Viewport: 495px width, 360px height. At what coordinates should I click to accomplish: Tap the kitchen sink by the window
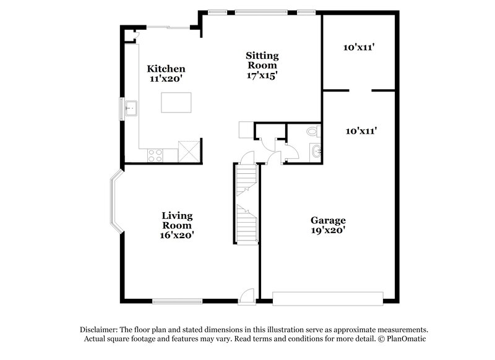131,108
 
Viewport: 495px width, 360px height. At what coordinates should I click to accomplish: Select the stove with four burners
155,155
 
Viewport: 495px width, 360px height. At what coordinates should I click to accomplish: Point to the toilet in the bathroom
312,132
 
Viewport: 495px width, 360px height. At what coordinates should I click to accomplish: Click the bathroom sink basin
316,150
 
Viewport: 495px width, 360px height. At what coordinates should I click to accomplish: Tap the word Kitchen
165,69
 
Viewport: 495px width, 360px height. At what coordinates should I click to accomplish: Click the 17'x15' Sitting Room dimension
262,75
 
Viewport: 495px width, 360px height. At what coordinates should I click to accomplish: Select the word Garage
328,220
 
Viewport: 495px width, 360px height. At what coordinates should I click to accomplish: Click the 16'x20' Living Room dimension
177,236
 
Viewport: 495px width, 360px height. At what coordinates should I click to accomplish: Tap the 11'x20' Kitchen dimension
165,79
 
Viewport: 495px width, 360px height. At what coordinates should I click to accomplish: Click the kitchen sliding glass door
166,26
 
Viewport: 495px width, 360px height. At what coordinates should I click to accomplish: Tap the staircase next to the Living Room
246,204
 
